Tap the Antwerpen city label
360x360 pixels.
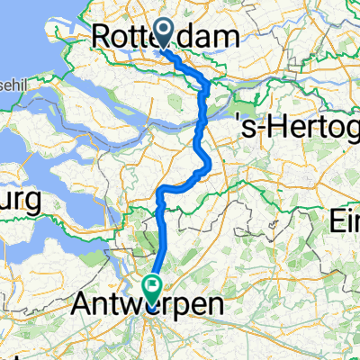148,308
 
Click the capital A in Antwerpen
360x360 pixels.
84,308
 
